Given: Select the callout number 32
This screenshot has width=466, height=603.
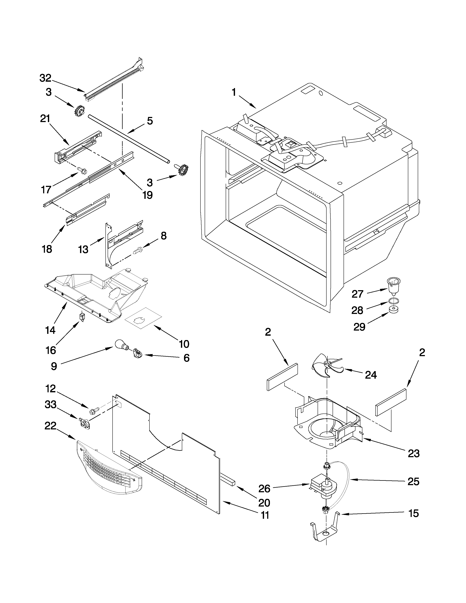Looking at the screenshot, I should pyautogui.click(x=45, y=78).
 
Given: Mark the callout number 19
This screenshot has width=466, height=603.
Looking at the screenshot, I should pyautogui.click(x=147, y=195).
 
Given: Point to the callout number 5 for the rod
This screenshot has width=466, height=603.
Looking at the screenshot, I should pyautogui.click(x=150, y=121).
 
